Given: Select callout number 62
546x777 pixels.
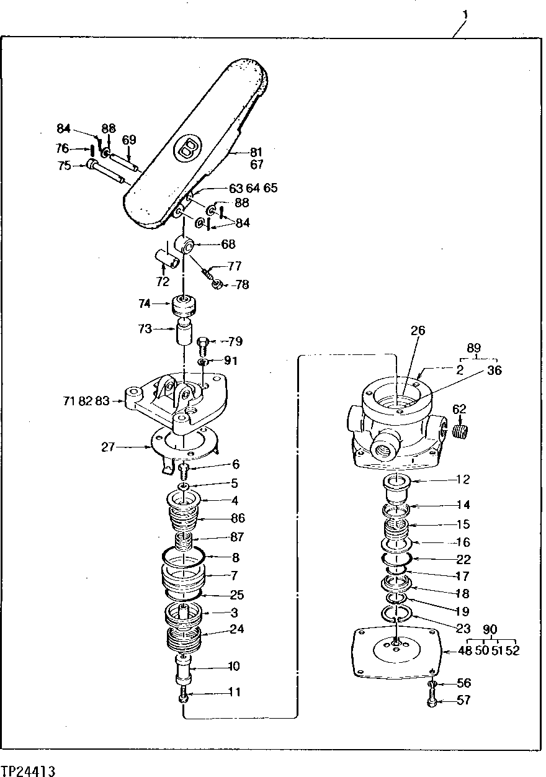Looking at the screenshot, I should (459, 409).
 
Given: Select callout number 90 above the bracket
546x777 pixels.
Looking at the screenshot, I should (490, 629).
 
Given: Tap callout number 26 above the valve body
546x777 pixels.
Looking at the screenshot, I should (418, 331).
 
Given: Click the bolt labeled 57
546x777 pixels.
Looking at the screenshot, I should (432, 703).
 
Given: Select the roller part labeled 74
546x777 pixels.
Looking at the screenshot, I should (184, 306).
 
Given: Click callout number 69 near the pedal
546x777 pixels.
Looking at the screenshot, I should (129, 140).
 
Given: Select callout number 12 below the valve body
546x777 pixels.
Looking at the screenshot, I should (463, 479).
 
